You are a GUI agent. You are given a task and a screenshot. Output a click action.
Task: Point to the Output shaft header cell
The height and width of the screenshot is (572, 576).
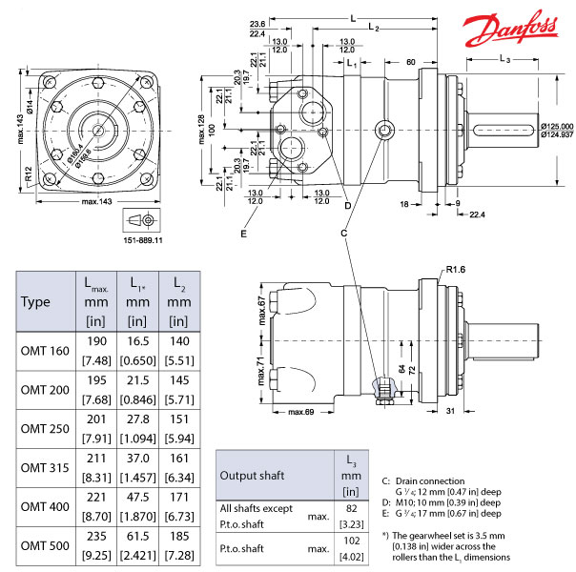[x=251, y=475]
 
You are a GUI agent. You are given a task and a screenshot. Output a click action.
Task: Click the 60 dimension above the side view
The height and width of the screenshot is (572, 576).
[x=410, y=62]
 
